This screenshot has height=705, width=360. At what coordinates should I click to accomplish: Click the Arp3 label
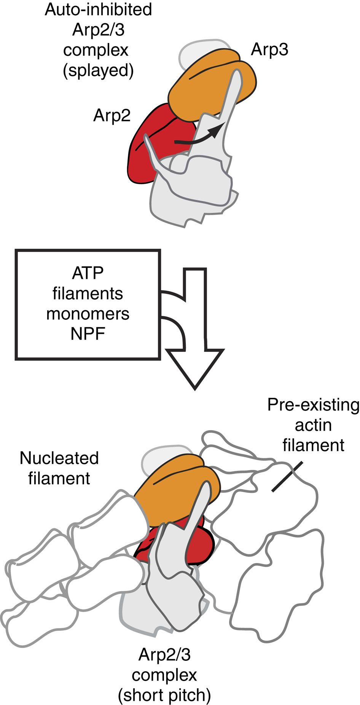(269, 50)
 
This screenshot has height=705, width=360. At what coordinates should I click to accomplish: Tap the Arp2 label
(112, 116)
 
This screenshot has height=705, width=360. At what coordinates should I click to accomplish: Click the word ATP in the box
(88, 273)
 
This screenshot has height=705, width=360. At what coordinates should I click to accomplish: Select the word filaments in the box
(88, 293)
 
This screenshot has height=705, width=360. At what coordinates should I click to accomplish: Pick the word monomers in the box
(88, 314)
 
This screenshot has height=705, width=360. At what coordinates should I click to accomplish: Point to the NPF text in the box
(88, 334)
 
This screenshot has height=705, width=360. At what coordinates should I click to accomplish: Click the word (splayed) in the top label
(98, 71)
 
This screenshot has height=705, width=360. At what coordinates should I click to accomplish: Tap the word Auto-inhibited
(98, 10)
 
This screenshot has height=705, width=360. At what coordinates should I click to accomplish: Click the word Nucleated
(59, 458)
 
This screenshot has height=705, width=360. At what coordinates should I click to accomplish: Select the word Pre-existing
(313, 405)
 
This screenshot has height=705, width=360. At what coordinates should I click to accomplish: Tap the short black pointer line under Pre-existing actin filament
(287, 477)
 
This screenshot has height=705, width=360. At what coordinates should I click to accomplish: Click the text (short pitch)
(164, 695)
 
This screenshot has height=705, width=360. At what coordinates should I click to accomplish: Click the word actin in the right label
(313, 425)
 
